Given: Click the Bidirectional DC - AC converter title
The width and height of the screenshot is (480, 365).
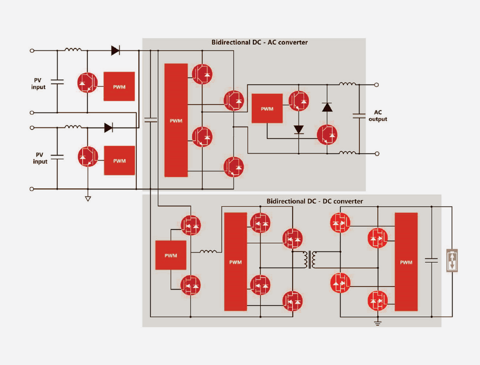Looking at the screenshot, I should [x=260, y=43].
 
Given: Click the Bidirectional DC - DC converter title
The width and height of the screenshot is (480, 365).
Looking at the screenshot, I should [x=314, y=201].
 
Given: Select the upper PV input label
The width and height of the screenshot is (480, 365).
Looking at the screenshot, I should [x=38, y=83].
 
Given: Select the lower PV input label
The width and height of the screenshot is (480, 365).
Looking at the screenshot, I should [x=40, y=158].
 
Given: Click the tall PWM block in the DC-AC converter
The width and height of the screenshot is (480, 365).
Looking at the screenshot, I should [x=176, y=120].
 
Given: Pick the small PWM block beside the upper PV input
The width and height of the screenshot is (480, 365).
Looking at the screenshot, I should [x=119, y=86].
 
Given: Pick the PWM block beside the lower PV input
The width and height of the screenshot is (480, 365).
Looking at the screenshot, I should [x=119, y=160].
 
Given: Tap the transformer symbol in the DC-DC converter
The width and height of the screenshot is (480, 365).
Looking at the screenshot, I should [x=310, y=259].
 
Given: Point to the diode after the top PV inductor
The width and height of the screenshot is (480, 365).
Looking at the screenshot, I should [x=116, y=51].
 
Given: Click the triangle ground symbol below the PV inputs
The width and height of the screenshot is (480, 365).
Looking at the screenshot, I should [x=88, y=198].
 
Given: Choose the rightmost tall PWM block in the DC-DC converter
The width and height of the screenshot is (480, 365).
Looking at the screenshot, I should [x=406, y=262].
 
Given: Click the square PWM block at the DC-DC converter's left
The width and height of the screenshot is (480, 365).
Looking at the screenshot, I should [x=171, y=255].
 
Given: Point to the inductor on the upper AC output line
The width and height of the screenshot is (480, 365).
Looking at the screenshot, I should [x=347, y=84].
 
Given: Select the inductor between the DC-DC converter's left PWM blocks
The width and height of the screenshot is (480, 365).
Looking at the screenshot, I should [x=208, y=251].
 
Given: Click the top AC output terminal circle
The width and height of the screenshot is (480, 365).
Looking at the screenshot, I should [x=377, y=85].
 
